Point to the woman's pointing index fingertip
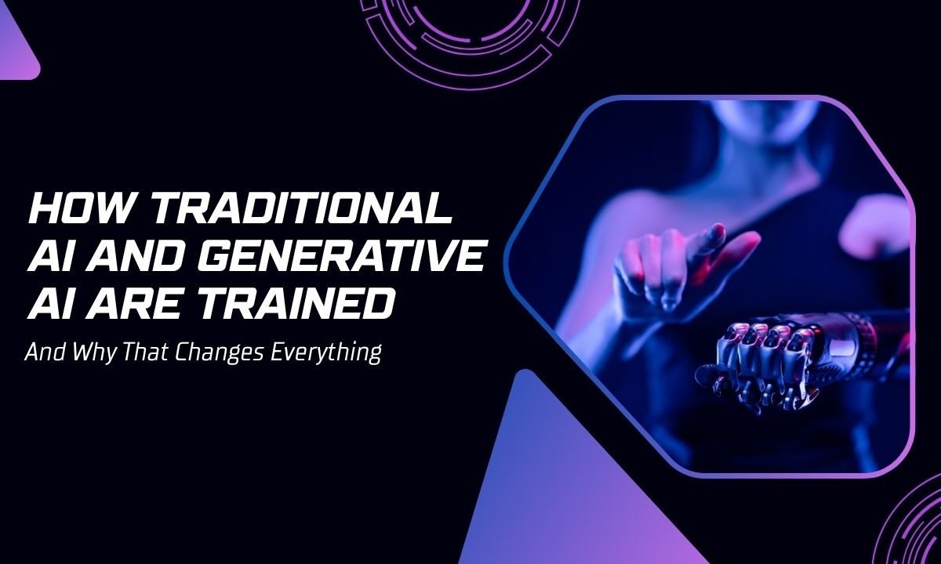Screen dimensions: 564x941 (x=716, y=230)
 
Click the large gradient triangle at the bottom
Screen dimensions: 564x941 (x=541, y=486)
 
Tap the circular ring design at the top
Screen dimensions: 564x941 (x=470, y=27)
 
